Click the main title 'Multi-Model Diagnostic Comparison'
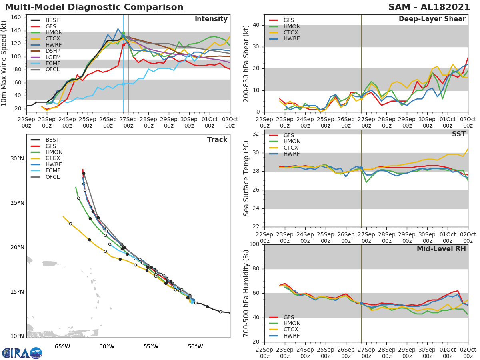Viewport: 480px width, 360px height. coord(94,7)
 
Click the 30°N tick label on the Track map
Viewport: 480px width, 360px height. coord(17,158)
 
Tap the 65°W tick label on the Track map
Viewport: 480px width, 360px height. coord(62,347)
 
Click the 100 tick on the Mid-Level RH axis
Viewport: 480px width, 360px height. coord(254,244)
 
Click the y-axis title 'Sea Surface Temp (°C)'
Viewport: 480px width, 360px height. coord(246,178)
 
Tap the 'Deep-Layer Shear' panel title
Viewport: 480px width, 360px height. coord(432,19)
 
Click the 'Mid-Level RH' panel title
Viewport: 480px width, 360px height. coord(441,249)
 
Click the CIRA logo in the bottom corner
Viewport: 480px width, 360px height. coord(22,353)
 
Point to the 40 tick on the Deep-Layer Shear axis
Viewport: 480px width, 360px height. coord(256,25)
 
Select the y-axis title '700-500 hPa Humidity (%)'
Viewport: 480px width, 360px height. coord(246,293)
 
